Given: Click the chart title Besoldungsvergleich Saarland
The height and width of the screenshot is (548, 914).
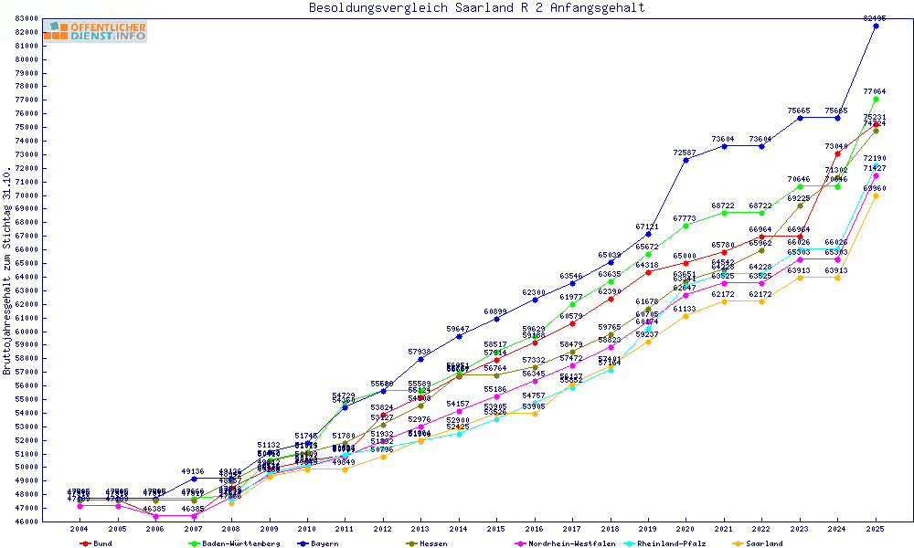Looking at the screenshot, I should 476,8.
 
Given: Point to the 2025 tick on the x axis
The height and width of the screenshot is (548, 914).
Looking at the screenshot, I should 876,530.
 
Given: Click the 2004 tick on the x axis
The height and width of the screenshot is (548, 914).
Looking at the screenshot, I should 80,530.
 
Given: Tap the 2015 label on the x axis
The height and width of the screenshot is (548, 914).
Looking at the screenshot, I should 496,530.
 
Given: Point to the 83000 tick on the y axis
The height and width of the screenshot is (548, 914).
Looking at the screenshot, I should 26,18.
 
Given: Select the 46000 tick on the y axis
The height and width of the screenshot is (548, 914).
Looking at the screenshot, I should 26,522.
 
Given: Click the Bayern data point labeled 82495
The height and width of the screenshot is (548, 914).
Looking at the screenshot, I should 876,26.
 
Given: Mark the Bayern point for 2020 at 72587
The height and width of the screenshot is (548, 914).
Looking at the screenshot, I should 685,160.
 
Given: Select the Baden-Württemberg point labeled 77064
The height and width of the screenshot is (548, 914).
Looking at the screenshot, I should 876,99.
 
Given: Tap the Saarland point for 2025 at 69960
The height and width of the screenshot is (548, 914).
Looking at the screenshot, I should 876,195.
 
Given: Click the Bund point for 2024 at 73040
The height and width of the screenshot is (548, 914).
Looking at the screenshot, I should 837,153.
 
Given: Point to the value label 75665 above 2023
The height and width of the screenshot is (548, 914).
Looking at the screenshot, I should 800,111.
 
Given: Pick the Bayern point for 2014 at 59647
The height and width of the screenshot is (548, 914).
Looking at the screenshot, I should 459,336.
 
